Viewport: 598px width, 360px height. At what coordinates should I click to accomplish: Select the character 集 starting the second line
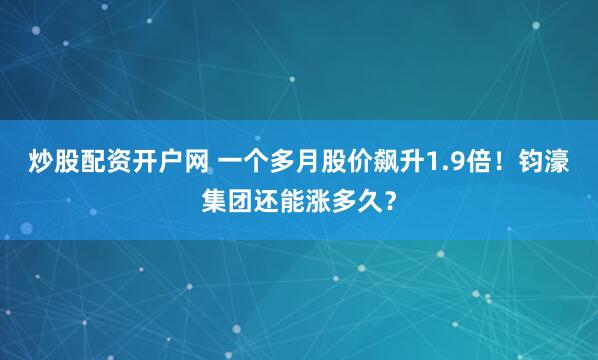(215, 197)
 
